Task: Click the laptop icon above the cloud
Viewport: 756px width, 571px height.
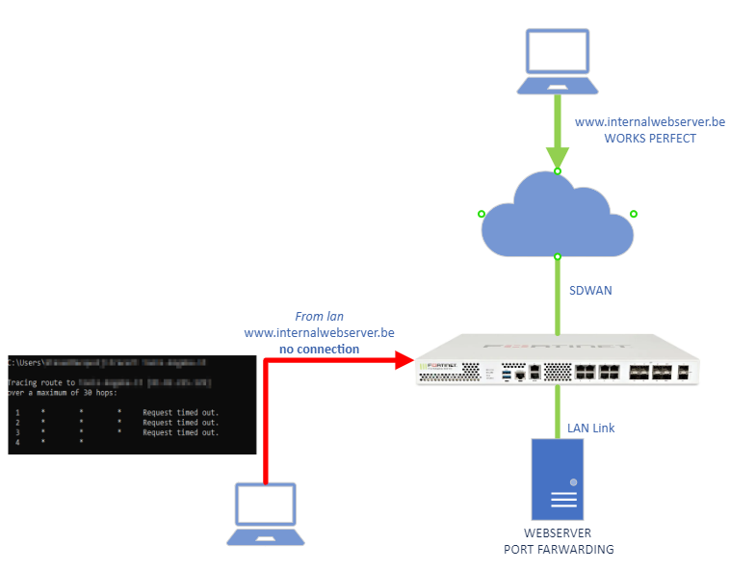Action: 557,61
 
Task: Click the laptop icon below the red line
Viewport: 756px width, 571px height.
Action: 266,514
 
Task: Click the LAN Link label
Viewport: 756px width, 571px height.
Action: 590,428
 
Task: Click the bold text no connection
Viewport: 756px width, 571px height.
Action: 319,349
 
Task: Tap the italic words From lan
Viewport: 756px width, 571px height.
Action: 319,316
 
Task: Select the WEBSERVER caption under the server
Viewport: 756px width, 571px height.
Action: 558,532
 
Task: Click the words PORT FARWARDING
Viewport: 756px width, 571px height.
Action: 559,549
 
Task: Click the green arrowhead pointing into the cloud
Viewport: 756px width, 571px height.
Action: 557,157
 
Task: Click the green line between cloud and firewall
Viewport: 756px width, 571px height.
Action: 557,294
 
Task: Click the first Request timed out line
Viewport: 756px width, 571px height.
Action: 181,413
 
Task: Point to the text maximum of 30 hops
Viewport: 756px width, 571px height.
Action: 71,393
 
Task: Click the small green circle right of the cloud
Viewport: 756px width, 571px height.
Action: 634,214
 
